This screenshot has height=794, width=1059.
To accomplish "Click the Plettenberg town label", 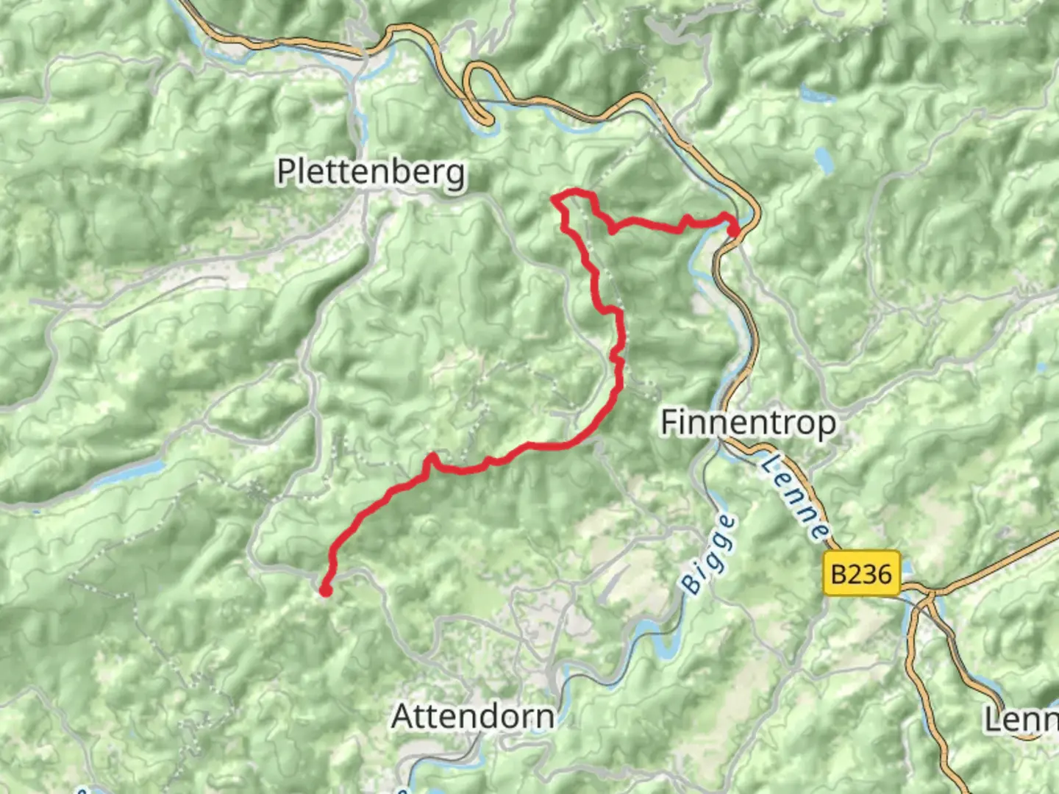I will (x=371, y=172).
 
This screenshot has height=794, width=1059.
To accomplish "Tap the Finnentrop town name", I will (x=748, y=423).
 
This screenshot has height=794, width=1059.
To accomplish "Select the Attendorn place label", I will (x=473, y=716).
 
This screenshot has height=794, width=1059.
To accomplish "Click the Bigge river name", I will (x=708, y=554).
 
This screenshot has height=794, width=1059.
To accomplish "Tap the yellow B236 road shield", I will (x=860, y=573).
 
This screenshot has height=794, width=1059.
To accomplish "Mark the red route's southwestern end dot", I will (x=325, y=590).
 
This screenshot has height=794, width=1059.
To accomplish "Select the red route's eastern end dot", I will (x=733, y=232).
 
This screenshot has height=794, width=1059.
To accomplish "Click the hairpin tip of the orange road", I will (x=485, y=118).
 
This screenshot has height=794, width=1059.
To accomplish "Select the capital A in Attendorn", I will (x=403, y=716).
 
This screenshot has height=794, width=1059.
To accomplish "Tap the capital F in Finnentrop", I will (x=668, y=423).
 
